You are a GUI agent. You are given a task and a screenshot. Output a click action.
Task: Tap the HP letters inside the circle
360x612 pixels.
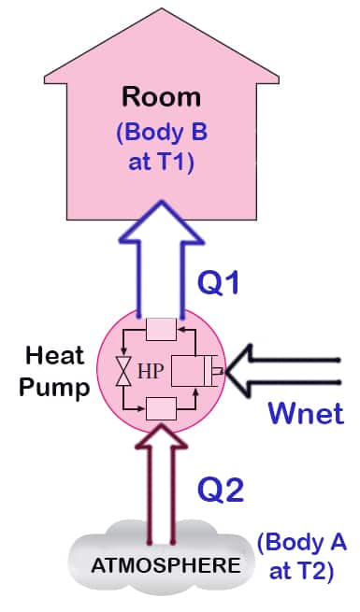coord(152,370)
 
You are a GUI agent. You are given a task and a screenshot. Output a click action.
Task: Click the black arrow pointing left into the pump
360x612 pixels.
coord(290,369)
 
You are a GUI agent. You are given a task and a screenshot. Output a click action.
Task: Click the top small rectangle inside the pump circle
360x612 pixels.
coord(160,330)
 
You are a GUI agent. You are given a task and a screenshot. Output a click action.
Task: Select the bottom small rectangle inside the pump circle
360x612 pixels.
coord(160,408)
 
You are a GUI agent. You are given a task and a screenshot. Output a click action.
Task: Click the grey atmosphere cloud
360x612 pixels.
coord(103,565)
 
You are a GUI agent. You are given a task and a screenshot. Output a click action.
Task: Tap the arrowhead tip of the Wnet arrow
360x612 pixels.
coord(230,370)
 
